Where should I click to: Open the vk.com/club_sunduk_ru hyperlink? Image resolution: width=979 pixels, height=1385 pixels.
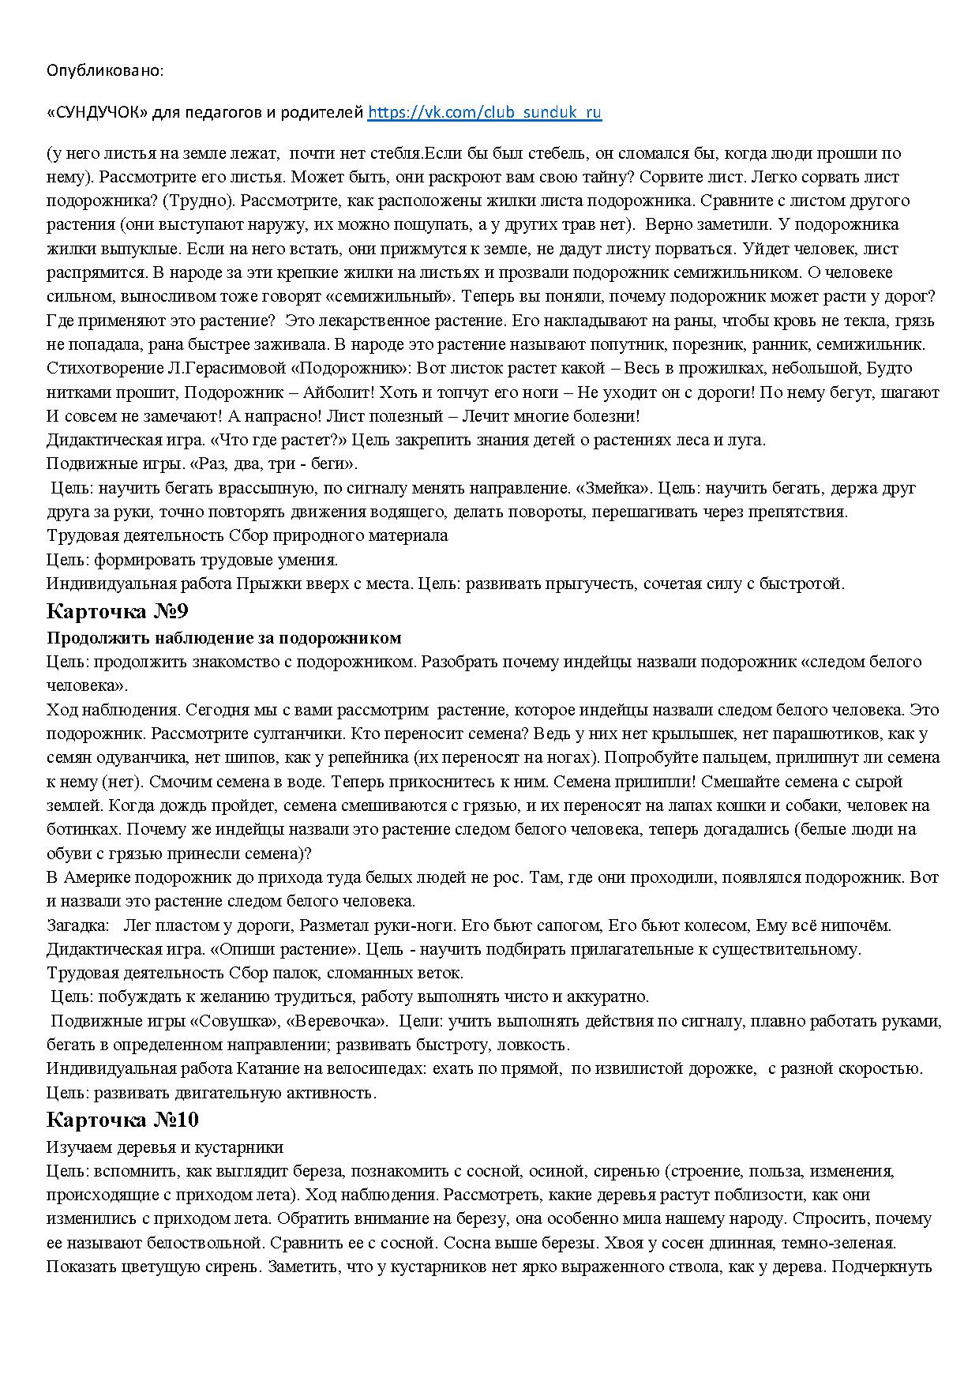[x=485, y=112]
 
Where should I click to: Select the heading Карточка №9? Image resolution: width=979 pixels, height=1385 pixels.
[x=118, y=611]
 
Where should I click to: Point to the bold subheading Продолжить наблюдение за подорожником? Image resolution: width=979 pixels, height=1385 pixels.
[x=223, y=637]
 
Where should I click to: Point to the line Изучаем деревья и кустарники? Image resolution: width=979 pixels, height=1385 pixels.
[x=165, y=1147]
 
